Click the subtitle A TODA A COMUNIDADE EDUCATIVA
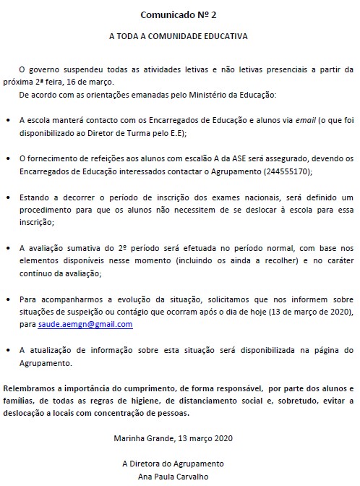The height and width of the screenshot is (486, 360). click(x=180, y=35)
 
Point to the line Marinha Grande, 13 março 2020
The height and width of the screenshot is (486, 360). click(x=173, y=438)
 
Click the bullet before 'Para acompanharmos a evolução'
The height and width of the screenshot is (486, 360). click(x=7, y=299)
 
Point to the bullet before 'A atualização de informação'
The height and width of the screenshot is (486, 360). click(x=7, y=351)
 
